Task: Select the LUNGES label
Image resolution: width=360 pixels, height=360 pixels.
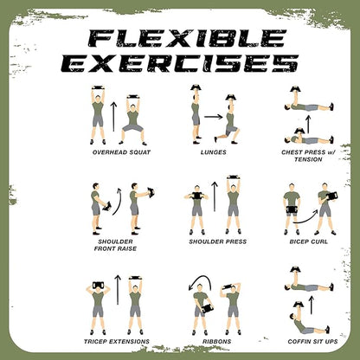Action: pos(212,152)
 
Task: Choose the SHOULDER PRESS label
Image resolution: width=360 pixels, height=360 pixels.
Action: pos(212,241)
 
